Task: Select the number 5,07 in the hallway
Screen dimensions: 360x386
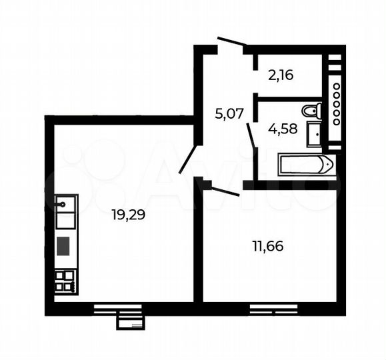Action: coord(228,114)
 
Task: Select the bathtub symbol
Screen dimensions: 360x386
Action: coord(305,163)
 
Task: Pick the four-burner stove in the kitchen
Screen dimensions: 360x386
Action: coord(65,281)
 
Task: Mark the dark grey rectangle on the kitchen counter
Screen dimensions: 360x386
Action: coord(64,246)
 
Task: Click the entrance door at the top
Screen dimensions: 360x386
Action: coord(232,43)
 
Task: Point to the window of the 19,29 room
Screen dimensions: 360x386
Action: coord(118,308)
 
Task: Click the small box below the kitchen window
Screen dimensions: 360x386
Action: coord(130,323)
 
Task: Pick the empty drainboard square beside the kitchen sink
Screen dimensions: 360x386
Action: coord(65,219)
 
